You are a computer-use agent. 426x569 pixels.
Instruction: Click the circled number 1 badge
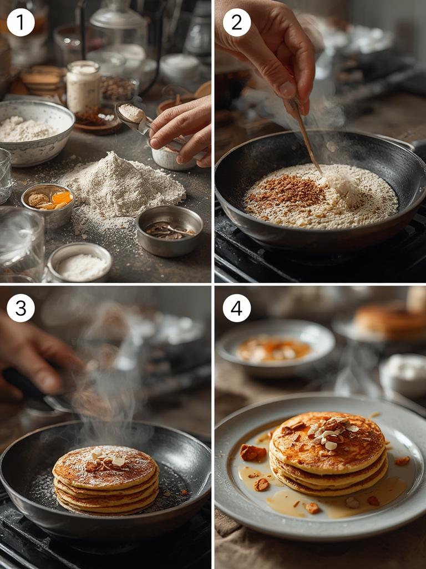coord(21,23)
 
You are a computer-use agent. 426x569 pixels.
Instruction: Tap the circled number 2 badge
coord(237,23)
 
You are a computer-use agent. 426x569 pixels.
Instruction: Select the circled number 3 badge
coord(21,308)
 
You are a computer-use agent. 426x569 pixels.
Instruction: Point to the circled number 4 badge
coord(237,308)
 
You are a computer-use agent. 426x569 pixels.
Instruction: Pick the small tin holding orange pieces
coord(48,203)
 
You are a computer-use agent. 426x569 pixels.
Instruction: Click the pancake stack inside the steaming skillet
coord(105,480)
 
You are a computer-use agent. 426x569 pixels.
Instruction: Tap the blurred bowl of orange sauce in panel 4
coord(275,348)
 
